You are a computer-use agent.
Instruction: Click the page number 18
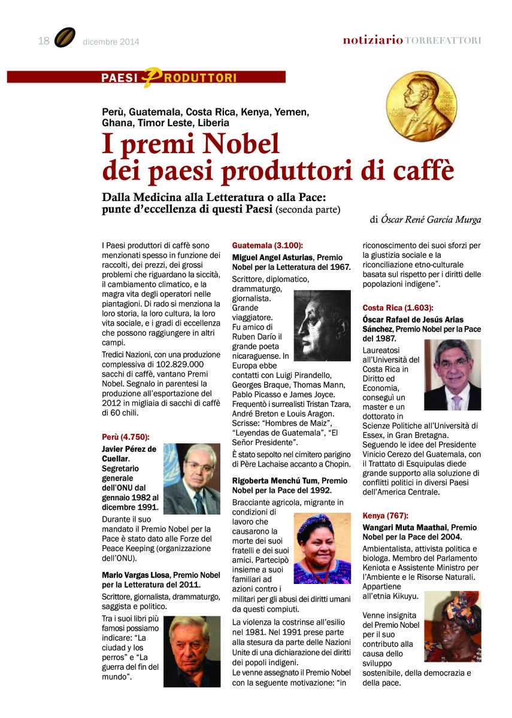[x=43, y=41]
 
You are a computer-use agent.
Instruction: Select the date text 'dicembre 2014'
[x=111, y=42]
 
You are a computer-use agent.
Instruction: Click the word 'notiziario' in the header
[x=372, y=41]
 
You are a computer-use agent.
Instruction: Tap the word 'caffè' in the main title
[x=421, y=171]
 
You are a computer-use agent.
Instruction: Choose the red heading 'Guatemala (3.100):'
[x=268, y=246]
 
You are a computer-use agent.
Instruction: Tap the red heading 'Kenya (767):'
[x=387, y=516]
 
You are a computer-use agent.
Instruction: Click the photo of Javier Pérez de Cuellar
[x=192, y=479]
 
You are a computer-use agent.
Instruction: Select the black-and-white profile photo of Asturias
[x=322, y=325]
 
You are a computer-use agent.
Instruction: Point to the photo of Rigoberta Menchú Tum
[x=322, y=548]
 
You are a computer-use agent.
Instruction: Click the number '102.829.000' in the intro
[x=179, y=364]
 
